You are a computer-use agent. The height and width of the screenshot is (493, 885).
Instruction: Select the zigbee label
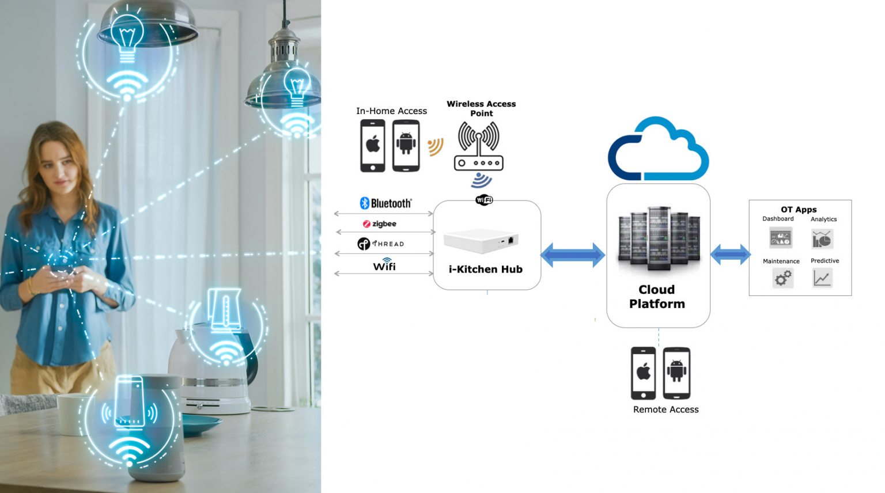pos(380,224)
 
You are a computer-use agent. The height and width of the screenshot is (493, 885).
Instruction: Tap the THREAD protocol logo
pos(381,244)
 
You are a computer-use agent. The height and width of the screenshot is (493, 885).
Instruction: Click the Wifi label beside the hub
pos(384,266)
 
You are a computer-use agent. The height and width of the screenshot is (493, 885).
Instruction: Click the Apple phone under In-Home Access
pos(372,146)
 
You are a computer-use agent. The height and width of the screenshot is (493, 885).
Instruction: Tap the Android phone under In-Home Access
pos(406,146)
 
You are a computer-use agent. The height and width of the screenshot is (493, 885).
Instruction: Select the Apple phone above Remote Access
pos(643,373)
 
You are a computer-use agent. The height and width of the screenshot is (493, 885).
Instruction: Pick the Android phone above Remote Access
pos(676,373)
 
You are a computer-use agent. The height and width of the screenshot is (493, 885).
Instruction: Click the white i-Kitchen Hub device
pos(481,241)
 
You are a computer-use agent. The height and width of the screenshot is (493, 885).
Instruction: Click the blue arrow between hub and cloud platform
pos(573,255)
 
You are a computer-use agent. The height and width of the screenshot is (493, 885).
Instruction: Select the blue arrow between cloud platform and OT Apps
pos(729,254)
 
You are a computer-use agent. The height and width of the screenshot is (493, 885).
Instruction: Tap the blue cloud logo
pos(658,150)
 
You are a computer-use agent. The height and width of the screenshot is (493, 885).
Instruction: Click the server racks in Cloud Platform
pos(659,237)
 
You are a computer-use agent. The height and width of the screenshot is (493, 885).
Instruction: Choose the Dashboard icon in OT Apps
pos(780,237)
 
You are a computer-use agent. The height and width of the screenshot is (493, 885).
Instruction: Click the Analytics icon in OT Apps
pos(822,238)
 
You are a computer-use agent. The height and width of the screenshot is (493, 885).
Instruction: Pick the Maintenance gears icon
pos(782,279)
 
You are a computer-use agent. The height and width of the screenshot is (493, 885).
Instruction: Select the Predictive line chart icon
pos(822,278)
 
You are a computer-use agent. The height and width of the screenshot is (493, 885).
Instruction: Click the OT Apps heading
pos(799,210)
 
